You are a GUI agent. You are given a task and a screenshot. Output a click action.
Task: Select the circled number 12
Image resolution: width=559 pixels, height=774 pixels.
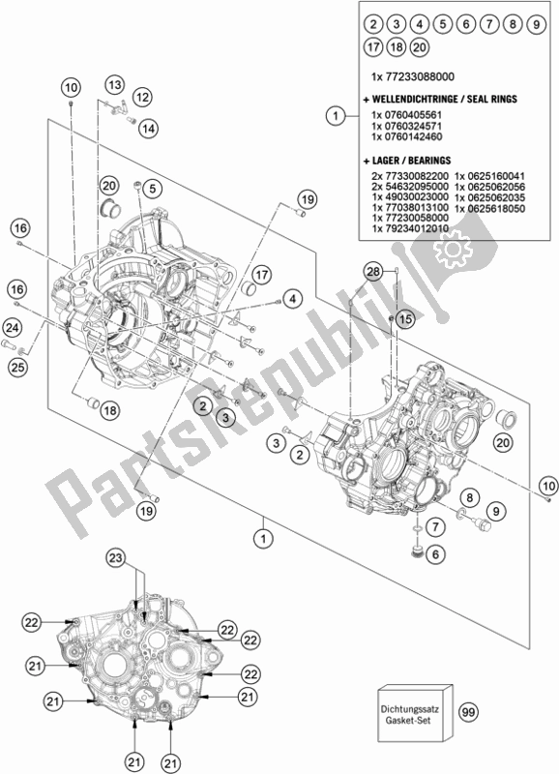(142, 96)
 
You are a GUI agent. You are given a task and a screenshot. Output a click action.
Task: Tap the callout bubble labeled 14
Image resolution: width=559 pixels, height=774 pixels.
(147, 129)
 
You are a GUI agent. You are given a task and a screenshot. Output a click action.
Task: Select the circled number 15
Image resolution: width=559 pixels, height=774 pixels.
(403, 318)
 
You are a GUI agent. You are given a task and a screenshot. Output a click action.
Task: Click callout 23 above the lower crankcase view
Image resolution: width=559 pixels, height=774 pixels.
(143, 557)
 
